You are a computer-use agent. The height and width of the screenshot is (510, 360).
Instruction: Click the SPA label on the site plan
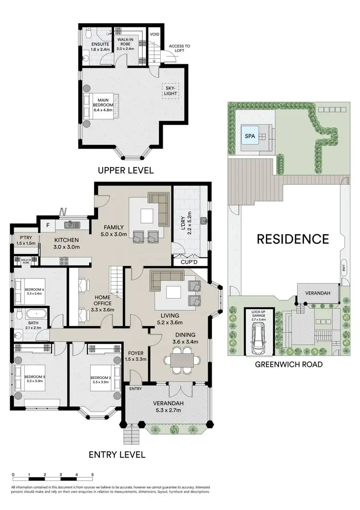pos(250,136)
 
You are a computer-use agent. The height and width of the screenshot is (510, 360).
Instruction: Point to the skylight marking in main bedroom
pos(171,90)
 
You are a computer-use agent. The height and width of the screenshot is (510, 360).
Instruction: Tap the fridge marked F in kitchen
pos(48,224)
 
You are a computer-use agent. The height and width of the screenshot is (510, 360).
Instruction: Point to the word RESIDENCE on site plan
pos(292,239)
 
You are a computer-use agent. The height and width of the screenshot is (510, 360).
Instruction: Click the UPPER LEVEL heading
pos(125,170)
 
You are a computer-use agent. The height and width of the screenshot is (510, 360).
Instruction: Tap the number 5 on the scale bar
pos(92,474)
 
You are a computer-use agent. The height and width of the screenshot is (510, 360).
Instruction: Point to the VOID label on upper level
pos(155,35)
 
